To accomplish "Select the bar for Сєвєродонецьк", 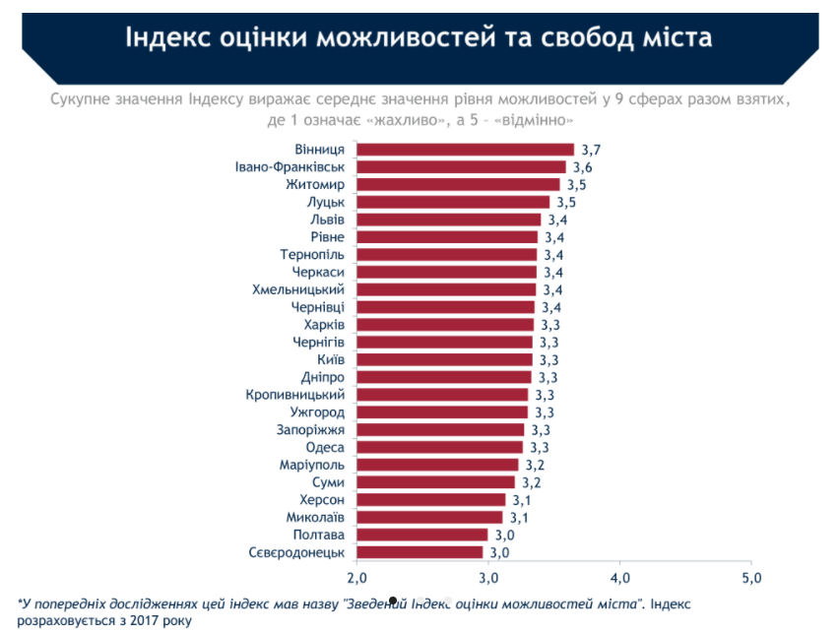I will click(x=419, y=552).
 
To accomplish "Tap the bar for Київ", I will click(x=444, y=359).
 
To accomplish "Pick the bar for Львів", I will click(x=448, y=220).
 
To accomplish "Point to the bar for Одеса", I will click(x=439, y=447).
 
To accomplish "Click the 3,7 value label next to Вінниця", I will click(x=591, y=150).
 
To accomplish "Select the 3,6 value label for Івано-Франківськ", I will click(x=583, y=167).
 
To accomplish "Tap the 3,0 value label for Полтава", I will click(x=505, y=535).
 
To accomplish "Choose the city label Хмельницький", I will click(x=298, y=289).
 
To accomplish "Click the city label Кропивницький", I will click(x=295, y=395).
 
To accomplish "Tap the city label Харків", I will click(x=324, y=325).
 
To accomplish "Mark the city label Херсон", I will click(x=322, y=500).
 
